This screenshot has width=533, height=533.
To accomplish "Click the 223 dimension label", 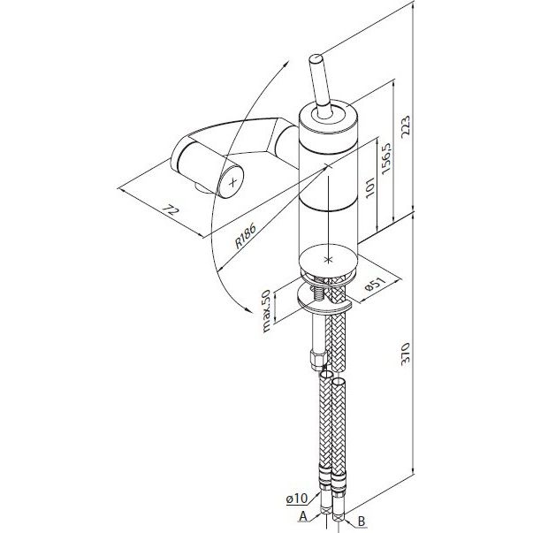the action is [406, 127].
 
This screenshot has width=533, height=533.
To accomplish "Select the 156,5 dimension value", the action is [386, 159].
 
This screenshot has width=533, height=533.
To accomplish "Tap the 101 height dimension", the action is [369, 187].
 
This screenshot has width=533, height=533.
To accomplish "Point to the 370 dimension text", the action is [406, 354].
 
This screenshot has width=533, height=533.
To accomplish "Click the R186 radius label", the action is [245, 236].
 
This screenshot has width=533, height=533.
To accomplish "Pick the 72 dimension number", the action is [170, 210].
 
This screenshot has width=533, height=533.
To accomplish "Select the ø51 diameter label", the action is [376, 284].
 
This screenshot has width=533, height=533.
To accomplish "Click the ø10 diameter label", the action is [296, 499].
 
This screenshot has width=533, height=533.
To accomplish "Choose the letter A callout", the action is [303, 517].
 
